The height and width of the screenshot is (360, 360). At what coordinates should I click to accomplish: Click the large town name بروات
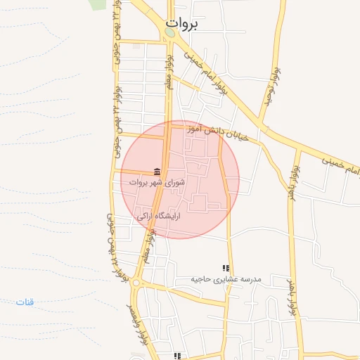pyautogui.click(x=181, y=23)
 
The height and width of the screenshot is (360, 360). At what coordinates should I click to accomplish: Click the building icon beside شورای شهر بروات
pyautogui.click(x=157, y=172)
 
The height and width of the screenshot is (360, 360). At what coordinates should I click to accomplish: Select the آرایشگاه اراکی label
pyautogui.click(x=158, y=217)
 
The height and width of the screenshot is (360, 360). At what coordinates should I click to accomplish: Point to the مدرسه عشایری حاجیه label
pyautogui.click(x=226, y=279)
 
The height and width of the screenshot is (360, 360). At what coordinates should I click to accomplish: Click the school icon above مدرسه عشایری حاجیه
pyautogui.click(x=226, y=268)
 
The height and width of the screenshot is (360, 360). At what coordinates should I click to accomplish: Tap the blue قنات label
pyautogui.click(x=25, y=302)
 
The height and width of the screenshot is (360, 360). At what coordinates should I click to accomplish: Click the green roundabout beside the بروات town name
pyautogui.click(x=169, y=33)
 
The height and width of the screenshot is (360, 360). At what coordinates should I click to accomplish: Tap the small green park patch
pyautogui.click(x=97, y=4)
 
